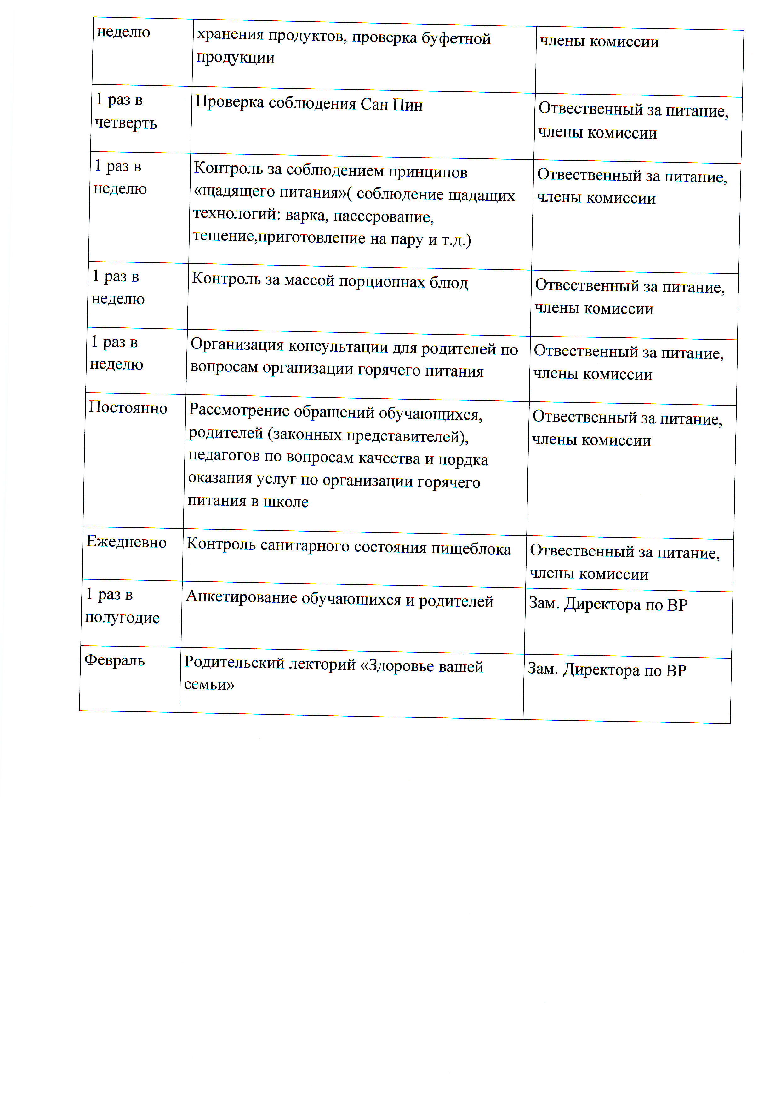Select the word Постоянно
click(128, 408)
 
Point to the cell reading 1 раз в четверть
click(126, 111)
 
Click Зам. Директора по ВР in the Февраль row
click(607, 670)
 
